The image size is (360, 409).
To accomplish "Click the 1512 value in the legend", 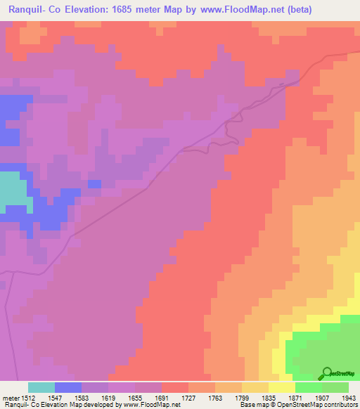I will (x=28, y=397).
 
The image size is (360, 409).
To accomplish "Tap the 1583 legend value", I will (x=82, y=397).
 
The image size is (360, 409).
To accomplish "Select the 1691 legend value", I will (x=162, y=397).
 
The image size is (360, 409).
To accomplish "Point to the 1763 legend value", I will (x=215, y=397).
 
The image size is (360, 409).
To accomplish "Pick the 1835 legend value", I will (x=268, y=397).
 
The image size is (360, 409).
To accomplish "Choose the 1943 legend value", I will (x=347, y=397).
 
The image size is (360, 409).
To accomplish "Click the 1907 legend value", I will (x=321, y=397).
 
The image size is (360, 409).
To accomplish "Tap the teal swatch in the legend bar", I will (x=41, y=387).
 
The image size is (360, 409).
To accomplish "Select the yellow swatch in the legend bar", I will (x=281, y=387).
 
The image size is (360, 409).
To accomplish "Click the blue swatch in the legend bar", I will (x=68, y=387).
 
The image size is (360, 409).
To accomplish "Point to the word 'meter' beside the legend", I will (x=10, y=397).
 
